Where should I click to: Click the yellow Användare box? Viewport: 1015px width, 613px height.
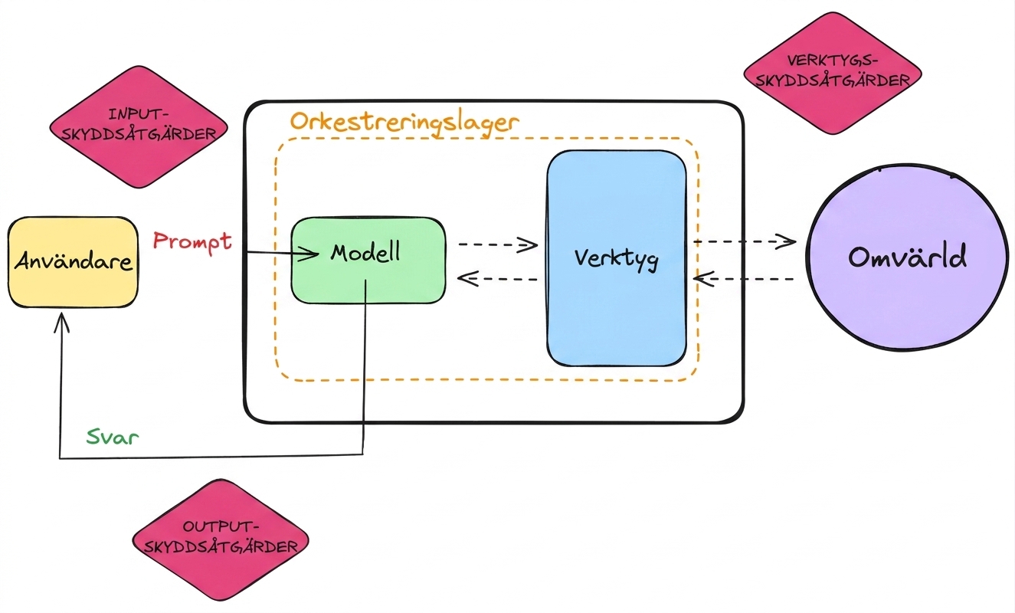73,262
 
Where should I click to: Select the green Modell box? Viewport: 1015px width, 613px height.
368,261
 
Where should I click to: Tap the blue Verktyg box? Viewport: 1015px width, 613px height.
616,258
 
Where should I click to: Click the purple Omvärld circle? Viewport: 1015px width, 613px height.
908,257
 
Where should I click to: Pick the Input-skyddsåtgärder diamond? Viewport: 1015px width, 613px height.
139,126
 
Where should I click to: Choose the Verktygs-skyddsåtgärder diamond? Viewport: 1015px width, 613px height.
833,73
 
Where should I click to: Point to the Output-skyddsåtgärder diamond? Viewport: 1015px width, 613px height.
221,539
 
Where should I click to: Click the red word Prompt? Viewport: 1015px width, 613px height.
192,241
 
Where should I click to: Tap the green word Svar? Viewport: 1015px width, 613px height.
113,437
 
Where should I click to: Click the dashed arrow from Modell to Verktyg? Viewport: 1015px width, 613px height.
498,245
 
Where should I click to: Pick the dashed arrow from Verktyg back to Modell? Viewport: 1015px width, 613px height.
497,278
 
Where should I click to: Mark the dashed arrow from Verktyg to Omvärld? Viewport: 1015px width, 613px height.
745,241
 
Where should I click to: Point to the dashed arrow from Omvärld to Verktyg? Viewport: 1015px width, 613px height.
744,278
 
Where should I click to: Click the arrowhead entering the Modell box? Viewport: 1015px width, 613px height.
308,254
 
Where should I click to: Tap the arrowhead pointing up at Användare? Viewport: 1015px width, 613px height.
61,322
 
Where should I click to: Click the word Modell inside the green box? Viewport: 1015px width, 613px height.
365,253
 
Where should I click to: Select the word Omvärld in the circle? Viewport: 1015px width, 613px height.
908,257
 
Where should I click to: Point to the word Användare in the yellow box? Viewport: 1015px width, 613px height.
73,261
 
